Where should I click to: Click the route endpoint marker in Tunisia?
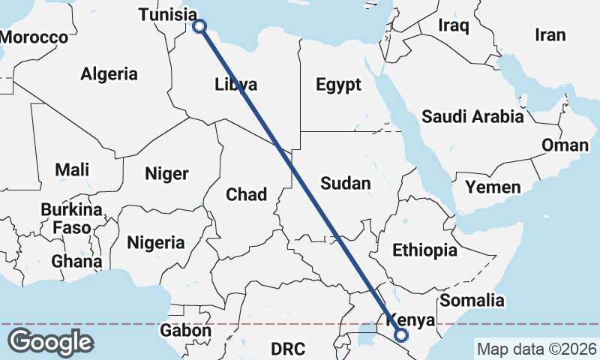point(199,26)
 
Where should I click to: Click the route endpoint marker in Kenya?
point(400,335)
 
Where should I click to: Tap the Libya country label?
point(236,83)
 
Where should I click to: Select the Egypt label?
point(338,85)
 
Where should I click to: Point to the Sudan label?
point(345,183)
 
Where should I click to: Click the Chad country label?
point(246,195)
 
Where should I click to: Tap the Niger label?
point(166,174)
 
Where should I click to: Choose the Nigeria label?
point(156,243)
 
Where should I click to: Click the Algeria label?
point(109,73)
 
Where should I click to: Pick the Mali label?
point(72,169)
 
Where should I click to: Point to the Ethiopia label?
point(424,250)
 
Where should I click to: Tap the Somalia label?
point(472,301)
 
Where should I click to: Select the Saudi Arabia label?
point(472,116)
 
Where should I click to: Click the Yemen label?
point(493,186)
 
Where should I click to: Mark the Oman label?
point(565,145)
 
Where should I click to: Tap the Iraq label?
point(454,26)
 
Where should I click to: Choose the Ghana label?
point(76,262)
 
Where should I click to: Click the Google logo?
point(50,342)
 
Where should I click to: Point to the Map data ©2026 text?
point(537,349)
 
